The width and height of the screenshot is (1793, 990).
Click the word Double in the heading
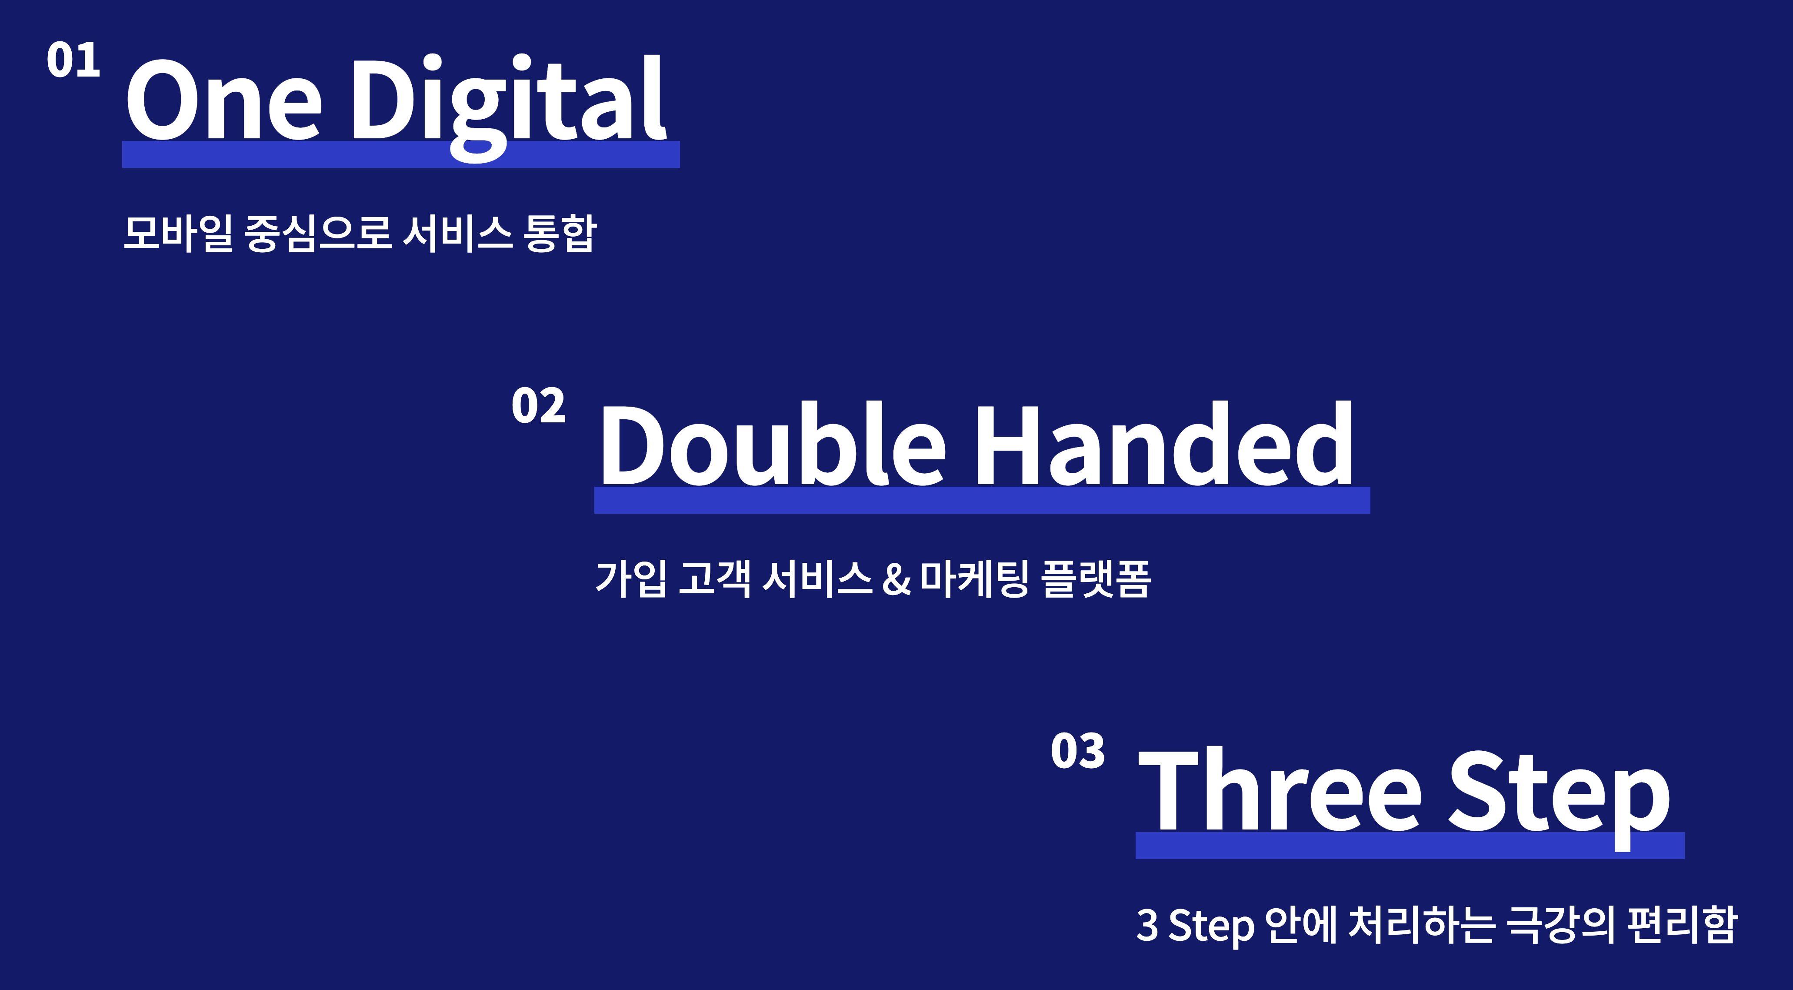click(x=773, y=444)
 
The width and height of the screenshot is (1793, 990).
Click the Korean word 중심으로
click(x=318, y=233)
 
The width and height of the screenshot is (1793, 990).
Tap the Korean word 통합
click(x=560, y=233)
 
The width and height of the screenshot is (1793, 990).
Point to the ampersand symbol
click(x=896, y=579)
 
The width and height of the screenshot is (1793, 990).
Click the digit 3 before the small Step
click(x=1147, y=925)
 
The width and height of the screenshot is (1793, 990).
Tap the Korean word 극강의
click(x=1559, y=925)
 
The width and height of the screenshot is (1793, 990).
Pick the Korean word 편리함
click(x=1682, y=925)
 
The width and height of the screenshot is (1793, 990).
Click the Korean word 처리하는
click(x=1420, y=925)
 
